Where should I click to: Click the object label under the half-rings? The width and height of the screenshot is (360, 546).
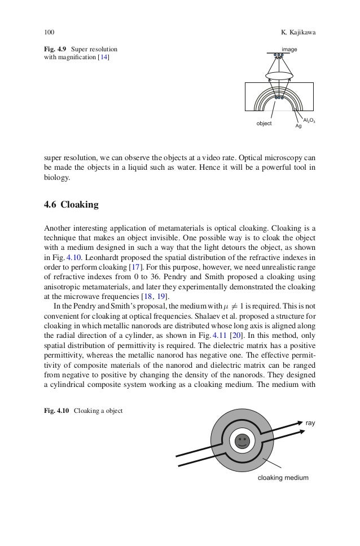pyautogui.click(x=264, y=123)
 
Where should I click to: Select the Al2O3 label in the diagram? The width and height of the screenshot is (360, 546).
pyautogui.click(x=309, y=120)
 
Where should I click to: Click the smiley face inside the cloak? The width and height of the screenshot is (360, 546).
pyautogui.click(x=243, y=441)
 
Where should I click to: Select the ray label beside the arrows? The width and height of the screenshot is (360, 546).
pyautogui.click(x=310, y=422)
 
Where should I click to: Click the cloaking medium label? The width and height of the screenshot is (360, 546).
pyautogui.click(x=283, y=477)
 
